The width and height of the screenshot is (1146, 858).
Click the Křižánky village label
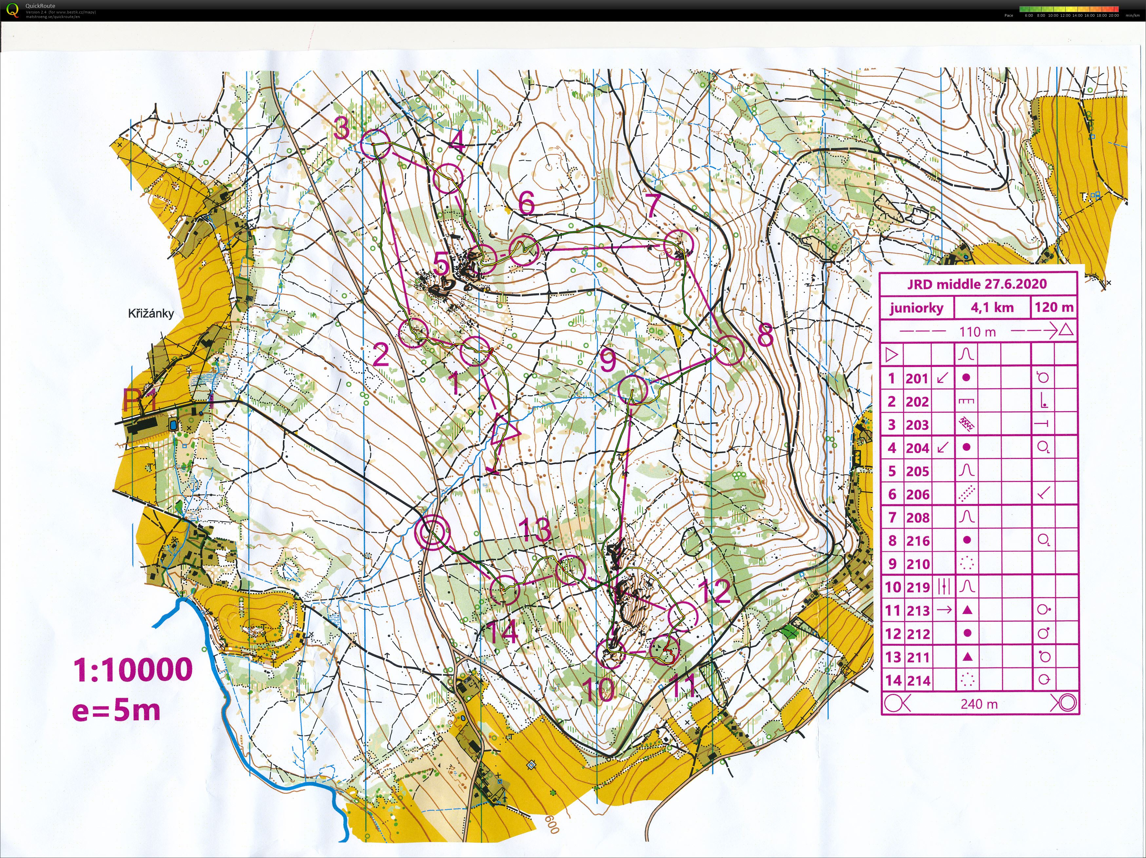coord(151,314)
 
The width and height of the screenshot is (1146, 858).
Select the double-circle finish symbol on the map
coord(433,532)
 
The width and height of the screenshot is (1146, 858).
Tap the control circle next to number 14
coord(504,590)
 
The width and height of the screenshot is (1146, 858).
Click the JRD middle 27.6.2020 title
coord(977,284)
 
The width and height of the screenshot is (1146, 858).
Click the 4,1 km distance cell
coord(992,308)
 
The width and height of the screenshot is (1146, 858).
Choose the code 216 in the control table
coord(918,541)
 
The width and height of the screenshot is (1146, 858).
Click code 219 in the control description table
coord(918,587)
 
